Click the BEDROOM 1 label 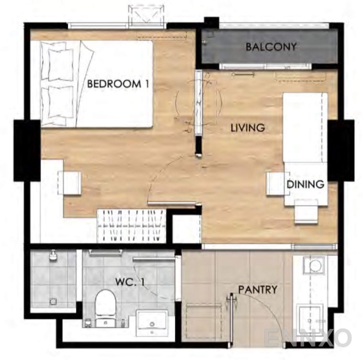(x=118, y=84)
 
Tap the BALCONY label (x=271, y=47)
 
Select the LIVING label (x=248, y=128)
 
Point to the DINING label (x=305, y=185)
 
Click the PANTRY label (x=258, y=289)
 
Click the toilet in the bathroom (x=106, y=308)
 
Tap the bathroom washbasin (x=152, y=323)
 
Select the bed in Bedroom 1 (x=97, y=84)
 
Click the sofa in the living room (x=305, y=128)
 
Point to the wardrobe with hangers (x=132, y=226)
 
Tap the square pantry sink (x=310, y=316)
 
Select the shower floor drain (x=53, y=302)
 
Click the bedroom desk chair (x=69, y=183)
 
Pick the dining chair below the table (x=306, y=212)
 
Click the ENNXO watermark (x=308, y=338)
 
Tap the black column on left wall (x=27, y=151)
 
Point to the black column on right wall (x=341, y=151)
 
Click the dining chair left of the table (x=277, y=184)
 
